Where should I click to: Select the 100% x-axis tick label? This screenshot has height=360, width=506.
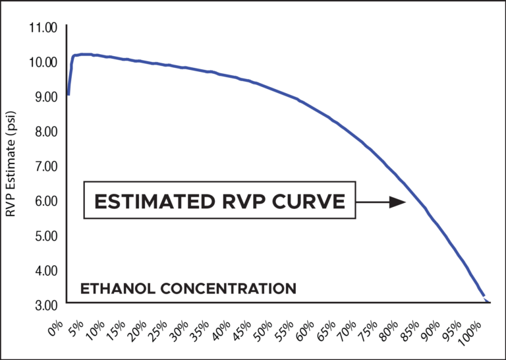473,328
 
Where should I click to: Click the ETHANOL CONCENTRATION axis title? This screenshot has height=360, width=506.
188,288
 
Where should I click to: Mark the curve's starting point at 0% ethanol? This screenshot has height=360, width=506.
69,95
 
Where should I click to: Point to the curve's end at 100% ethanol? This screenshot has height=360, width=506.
486,301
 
